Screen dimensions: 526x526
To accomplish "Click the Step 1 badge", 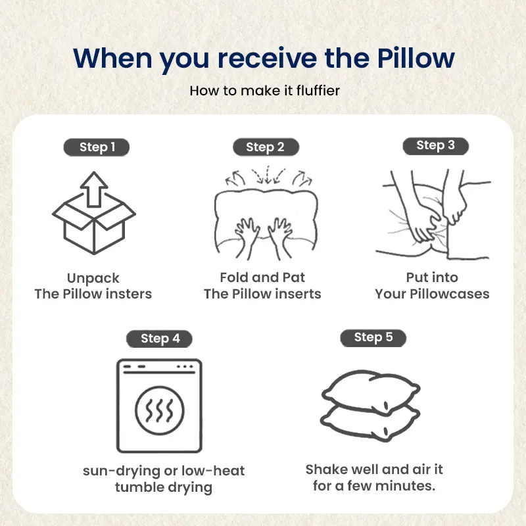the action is pos(96,147).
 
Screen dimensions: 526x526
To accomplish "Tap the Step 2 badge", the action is pos(266,147).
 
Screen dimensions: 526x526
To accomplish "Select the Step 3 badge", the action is pos(435,146).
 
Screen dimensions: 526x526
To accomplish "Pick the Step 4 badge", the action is pos(159,339).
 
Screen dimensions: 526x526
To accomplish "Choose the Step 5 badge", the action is pos(373,337).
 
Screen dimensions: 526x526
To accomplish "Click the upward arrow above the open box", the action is pos(94,189).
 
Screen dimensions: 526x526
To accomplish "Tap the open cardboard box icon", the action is pos(94,223).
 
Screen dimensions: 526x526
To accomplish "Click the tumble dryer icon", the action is pos(159,406).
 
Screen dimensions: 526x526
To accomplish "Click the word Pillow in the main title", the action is pos(416,59).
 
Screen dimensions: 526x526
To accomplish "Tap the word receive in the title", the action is pos(268,59).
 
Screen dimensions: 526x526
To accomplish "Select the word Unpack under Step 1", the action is pos(93,278).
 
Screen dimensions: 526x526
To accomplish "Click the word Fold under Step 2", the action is pos(234,277).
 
